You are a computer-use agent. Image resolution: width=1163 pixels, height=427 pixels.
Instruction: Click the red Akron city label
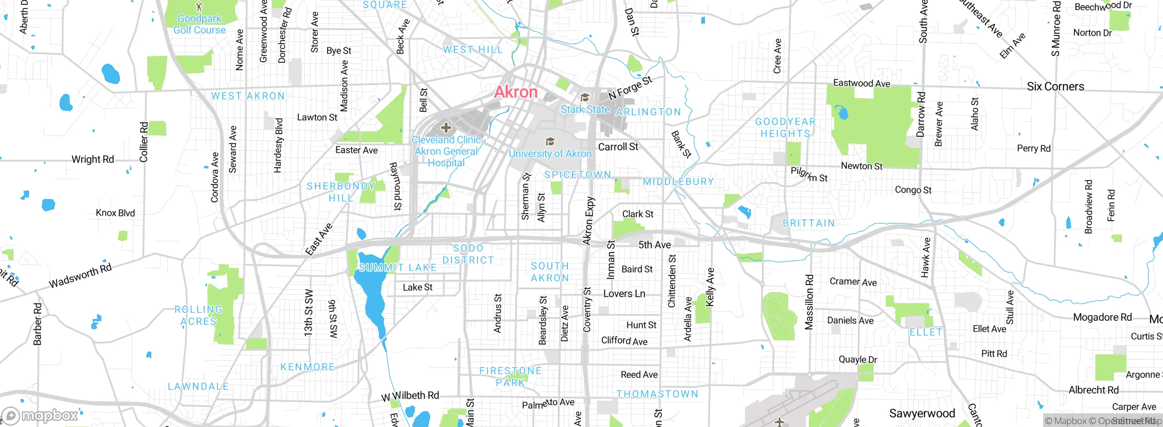(x=516, y=92)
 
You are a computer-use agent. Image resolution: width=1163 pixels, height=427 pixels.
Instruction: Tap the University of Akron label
(x=550, y=154)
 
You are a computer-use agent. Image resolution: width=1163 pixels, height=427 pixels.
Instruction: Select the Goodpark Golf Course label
(x=199, y=25)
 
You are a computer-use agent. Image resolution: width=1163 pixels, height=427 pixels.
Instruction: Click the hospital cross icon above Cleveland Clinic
(x=446, y=128)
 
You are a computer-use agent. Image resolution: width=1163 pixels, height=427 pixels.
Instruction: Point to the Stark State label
(x=585, y=109)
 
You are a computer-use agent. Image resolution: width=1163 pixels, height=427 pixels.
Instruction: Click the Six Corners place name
(x=1055, y=86)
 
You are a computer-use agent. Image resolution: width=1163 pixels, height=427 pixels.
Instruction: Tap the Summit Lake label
(x=398, y=268)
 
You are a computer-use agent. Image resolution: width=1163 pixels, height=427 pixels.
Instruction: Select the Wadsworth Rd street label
(x=80, y=276)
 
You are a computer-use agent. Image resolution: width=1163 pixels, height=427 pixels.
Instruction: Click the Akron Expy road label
(x=589, y=221)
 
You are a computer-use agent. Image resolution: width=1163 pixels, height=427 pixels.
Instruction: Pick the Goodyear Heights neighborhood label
(x=785, y=128)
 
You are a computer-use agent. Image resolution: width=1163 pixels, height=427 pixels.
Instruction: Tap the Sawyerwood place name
(x=922, y=413)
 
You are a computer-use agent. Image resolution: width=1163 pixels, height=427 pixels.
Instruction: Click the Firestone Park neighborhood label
(x=510, y=377)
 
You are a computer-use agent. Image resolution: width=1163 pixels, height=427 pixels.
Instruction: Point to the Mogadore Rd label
(x=1102, y=317)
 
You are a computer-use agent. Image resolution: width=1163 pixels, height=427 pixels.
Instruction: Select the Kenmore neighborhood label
(x=308, y=367)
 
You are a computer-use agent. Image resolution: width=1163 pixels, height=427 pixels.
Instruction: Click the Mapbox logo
(x=41, y=415)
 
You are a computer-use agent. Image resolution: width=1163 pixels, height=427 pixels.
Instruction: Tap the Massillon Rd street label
(x=809, y=302)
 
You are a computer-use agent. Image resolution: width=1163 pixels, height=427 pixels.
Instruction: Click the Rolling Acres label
(x=199, y=315)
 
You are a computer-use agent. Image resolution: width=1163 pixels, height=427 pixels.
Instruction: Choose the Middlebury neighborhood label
(x=678, y=182)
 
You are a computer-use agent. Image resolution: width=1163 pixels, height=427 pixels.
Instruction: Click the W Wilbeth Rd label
(x=410, y=396)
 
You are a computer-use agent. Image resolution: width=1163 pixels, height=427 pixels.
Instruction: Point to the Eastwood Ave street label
(x=861, y=83)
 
